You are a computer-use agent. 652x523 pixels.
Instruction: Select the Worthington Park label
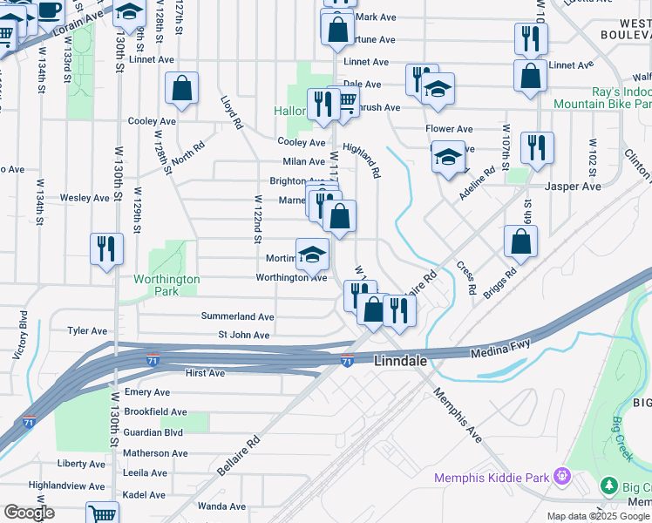coord(166,285)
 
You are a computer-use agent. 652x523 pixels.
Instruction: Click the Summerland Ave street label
coord(238,316)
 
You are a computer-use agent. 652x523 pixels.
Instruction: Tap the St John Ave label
coord(243,335)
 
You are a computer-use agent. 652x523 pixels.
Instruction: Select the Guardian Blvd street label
coord(153,431)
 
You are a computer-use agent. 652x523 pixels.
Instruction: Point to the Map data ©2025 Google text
coord(597,516)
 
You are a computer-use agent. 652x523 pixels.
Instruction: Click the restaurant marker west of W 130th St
coord(106,248)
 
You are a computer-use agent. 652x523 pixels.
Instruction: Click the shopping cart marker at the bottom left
coord(103,513)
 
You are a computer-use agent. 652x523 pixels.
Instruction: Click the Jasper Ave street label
coord(573,187)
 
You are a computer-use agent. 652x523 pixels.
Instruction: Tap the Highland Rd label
coord(362,160)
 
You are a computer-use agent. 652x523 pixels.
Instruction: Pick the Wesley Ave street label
coord(85,198)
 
